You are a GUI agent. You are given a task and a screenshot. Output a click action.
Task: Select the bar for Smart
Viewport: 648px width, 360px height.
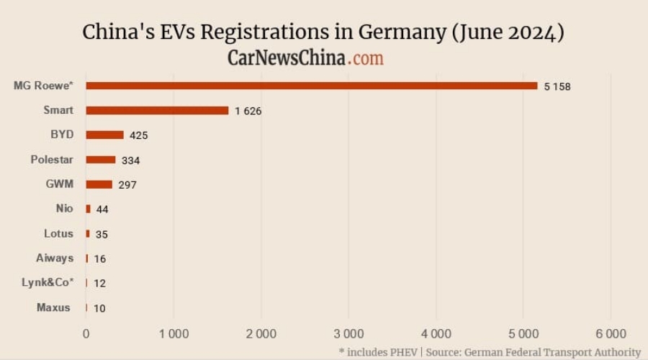coord(157,110)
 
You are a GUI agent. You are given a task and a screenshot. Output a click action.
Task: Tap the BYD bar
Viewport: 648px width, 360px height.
coord(104,135)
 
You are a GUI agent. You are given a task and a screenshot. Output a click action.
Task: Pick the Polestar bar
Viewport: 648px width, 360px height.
coord(100,159)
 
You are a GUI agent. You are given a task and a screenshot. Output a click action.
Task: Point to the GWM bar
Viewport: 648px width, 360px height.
coord(99,184)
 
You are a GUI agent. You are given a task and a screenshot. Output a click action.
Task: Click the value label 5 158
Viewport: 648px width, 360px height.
coord(557,86)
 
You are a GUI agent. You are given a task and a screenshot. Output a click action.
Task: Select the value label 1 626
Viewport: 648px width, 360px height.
coord(248,111)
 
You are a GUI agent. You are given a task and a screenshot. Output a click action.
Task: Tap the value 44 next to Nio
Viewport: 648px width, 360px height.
coord(102,209)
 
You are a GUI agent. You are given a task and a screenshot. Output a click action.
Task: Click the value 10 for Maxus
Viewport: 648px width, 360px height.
coord(99,308)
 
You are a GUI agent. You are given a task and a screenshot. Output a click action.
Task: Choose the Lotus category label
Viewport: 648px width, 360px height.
coord(58,233)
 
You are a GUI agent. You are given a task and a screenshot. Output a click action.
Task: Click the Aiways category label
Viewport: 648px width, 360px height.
coord(55,258)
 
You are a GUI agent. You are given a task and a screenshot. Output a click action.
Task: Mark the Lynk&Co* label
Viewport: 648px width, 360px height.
coord(48,282)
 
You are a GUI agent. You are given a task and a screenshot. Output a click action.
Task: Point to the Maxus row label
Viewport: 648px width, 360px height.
coord(54,307)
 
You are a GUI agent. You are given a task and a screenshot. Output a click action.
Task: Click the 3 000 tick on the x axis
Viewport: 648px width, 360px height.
coord(348,333)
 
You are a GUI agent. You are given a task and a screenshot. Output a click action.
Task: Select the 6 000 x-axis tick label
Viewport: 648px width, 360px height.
coord(611,333)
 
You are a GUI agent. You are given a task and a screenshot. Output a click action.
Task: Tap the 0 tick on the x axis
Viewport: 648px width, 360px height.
coord(86,333)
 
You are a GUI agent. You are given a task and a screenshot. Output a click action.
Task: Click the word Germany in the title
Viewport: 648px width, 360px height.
coord(406,33)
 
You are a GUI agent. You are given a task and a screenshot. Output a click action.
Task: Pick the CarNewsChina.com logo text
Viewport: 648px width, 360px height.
coord(305,58)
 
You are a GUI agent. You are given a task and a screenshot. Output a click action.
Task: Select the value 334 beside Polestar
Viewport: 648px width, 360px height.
coord(130,160)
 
